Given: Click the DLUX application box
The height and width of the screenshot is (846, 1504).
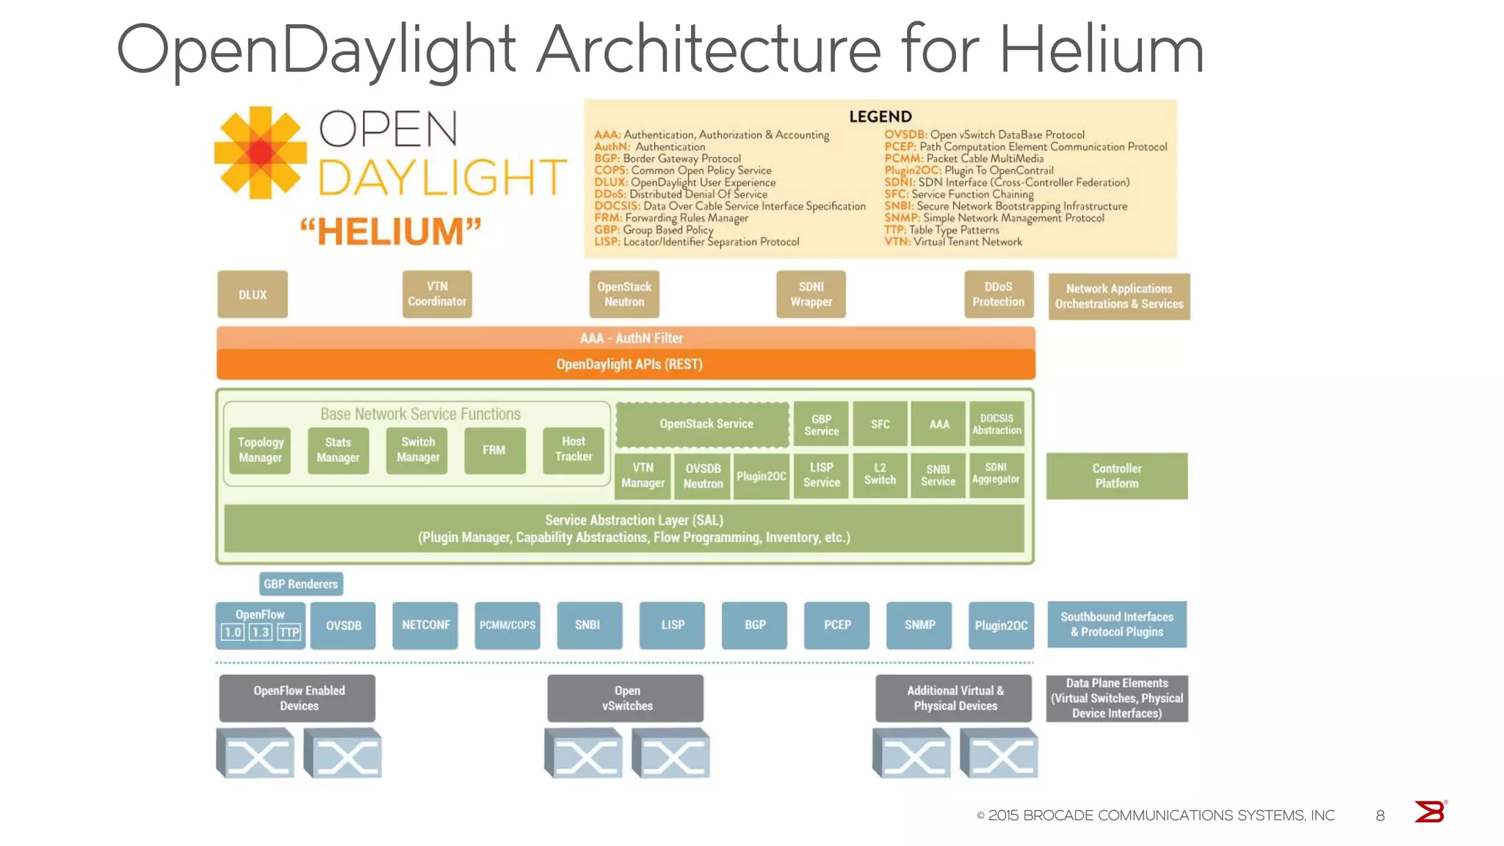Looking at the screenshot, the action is pyautogui.click(x=252, y=294).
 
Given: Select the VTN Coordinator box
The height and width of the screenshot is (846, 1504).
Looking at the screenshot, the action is pyautogui.click(x=437, y=294).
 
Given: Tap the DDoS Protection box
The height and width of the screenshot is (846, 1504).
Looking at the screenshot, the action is pyautogui.click(x=998, y=294).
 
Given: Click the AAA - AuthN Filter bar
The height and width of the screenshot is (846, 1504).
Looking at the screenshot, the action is pyautogui.click(x=626, y=338).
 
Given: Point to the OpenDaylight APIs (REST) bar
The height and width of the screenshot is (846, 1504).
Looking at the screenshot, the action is pyautogui.click(x=626, y=364).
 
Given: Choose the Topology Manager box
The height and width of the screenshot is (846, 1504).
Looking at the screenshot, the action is pyautogui.click(x=260, y=450).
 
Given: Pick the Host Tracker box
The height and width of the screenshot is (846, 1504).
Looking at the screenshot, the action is pyautogui.click(x=573, y=449).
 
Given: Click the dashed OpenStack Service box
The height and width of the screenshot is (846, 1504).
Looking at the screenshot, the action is pyautogui.click(x=703, y=424).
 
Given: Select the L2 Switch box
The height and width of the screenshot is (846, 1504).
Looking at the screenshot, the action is pyautogui.click(x=880, y=474).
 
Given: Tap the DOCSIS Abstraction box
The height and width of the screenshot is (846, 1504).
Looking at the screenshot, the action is pyautogui.click(x=997, y=424).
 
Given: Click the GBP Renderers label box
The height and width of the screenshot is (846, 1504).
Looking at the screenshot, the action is pyautogui.click(x=301, y=584).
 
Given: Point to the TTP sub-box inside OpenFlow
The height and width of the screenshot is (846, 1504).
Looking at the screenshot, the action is pyautogui.click(x=290, y=632).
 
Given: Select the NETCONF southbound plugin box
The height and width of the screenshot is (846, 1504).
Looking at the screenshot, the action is pyautogui.click(x=425, y=625).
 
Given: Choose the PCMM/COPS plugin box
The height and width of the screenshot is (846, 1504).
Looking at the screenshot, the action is pyautogui.click(x=507, y=625).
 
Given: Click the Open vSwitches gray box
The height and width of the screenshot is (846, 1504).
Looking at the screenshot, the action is pyautogui.click(x=626, y=698).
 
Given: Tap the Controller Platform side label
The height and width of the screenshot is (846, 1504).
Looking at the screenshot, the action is pyautogui.click(x=1116, y=476).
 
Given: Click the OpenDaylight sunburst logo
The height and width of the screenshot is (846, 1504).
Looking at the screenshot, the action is pyautogui.click(x=260, y=153).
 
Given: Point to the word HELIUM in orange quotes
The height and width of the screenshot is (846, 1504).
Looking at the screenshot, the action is pyautogui.click(x=390, y=231).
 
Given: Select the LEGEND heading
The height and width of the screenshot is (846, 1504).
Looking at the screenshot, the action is pyautogui.click(x=880, y=117).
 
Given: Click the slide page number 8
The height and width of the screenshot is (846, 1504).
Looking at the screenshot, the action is pyautogui.click(x=1380, y=815).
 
